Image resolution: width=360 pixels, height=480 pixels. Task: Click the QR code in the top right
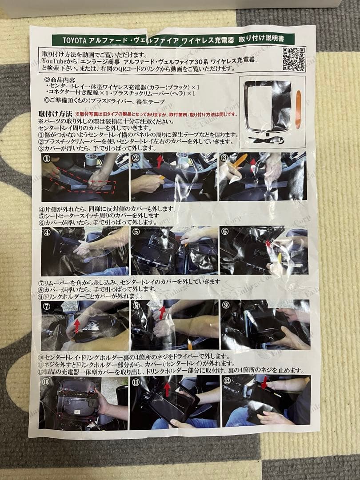click(x=294, y=59)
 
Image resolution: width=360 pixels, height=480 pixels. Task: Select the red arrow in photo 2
click(x=160, y=161)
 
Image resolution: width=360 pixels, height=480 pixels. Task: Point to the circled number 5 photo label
click(x=136, y=232)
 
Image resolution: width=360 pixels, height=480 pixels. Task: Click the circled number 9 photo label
click(x=226, y=305)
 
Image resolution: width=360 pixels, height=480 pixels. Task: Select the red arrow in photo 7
click(x=77, y=325)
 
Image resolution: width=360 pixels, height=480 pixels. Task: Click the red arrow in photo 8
click(x=162, y=312)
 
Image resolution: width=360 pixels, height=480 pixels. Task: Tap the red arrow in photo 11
click(x=167, y=389)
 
